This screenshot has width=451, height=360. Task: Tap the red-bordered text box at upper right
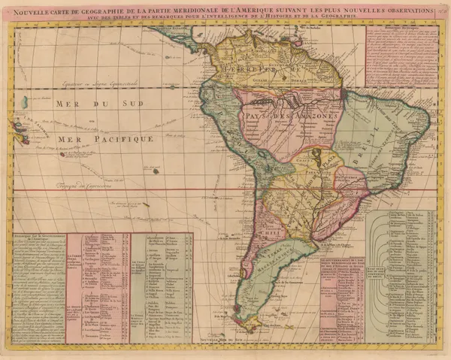click(402, 56)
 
